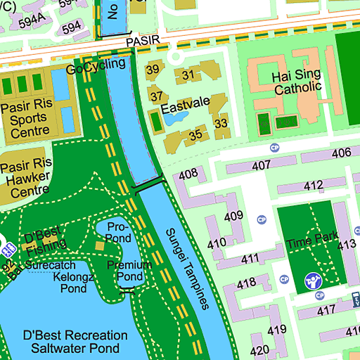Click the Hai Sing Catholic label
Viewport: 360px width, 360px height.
click(297, 82)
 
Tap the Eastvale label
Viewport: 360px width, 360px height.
click(185, 103)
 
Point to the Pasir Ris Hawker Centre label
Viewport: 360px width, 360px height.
click(25, 179)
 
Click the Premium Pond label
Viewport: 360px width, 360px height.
click(129, 271)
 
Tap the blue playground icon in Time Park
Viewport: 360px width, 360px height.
click(312, 283)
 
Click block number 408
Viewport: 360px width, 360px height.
click(188, 174)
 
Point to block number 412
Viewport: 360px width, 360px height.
click(313, 186)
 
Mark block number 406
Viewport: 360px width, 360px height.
click(341, 153)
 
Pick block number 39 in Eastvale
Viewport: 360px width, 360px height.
click(153, 70)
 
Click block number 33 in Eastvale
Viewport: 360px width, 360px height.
click(221, 124)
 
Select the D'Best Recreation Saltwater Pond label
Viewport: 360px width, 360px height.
click(75, 342)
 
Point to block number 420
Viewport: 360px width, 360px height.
click(259, 350)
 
